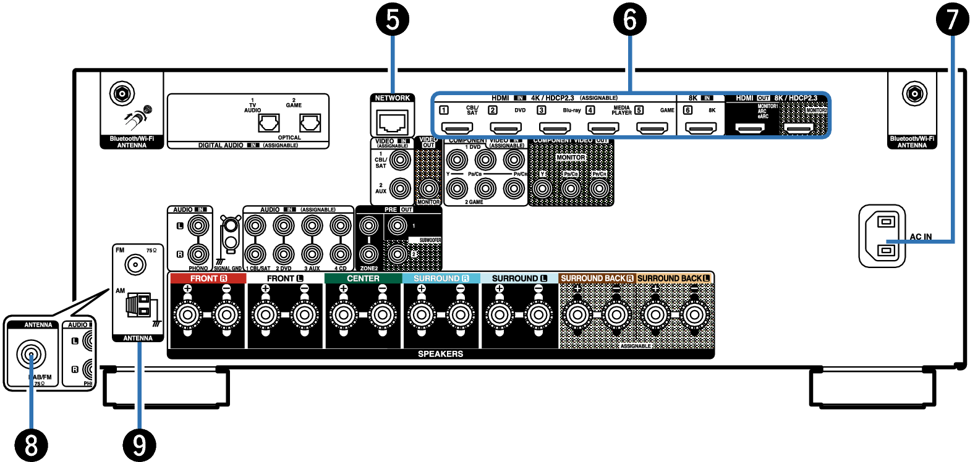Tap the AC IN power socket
point(882,236)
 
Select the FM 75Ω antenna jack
point(135,265)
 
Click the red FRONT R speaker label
point(208,279)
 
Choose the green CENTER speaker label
point(363,279)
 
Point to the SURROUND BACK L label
point(674,279)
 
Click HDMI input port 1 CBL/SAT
point(456,128)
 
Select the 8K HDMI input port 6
point(701,128)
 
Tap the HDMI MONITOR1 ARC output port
point(749,128)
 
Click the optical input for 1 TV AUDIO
point(268,124)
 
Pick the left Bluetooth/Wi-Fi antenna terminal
point(122,94)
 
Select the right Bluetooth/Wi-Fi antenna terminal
point(914,94)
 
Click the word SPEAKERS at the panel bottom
point(440,354)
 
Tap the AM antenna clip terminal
point(138,304)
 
